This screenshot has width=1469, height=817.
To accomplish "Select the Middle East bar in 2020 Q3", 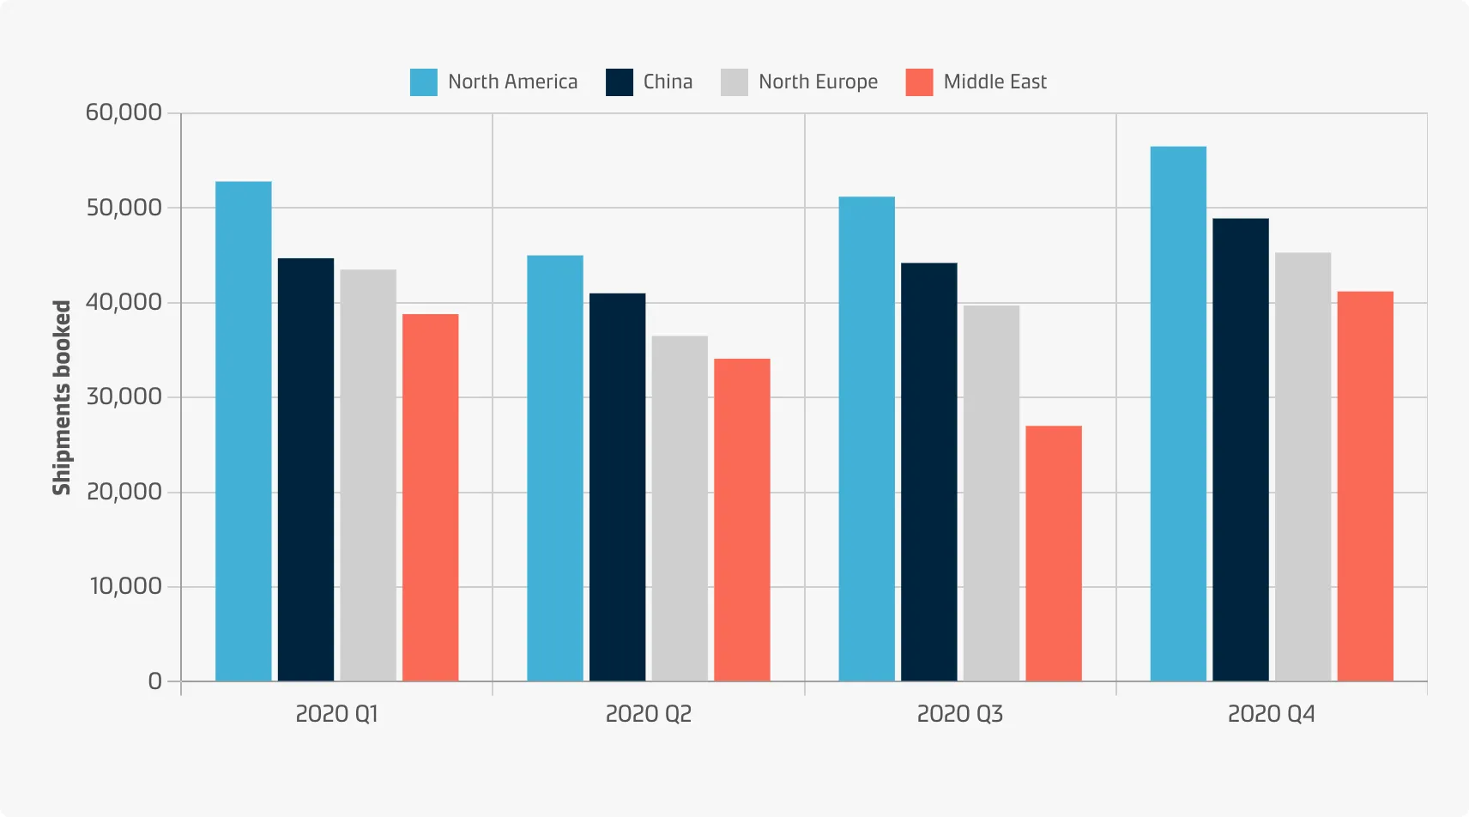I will (1054, 554).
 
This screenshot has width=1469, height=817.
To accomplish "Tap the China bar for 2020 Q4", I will (1240, 450).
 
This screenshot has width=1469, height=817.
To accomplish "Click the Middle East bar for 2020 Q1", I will (430, 498).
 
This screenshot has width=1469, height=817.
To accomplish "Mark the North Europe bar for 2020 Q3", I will (991, 493).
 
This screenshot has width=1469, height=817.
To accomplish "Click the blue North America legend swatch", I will (424, 82).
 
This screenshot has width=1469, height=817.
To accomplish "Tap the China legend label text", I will (668, 82).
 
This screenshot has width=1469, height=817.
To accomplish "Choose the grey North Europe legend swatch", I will (734, 82).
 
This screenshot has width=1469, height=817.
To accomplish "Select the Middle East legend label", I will (994, 82).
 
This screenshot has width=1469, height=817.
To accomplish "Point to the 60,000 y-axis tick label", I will (124, 112).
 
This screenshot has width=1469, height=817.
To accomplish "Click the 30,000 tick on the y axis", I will (124, 396).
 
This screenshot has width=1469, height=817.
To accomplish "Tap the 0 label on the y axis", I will (154, 681).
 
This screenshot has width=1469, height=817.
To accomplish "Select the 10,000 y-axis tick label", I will (125, 586).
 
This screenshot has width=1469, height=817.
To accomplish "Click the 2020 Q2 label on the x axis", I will (648, 714).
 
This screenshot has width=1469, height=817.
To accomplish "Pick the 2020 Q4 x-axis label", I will (1271, 714).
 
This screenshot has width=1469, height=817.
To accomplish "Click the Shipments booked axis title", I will (62, 397).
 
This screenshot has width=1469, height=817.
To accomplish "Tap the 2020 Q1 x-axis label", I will (336, 714).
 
